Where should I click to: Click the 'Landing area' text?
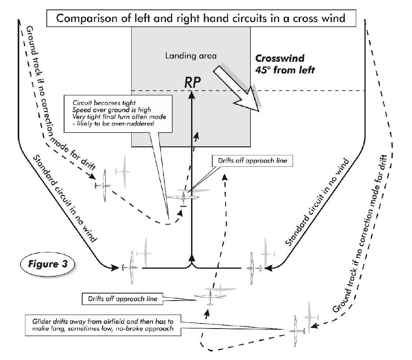[x=190, y=56]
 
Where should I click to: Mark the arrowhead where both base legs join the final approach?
[x=191, y=258]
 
